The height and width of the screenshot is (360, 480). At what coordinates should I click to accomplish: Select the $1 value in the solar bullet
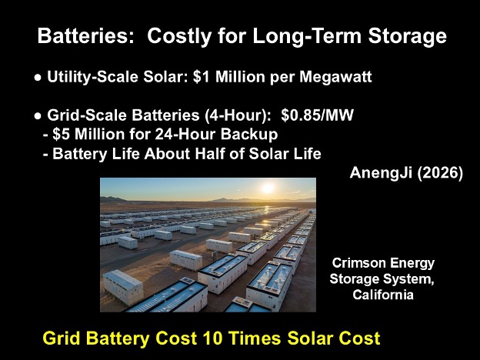coord(202,76)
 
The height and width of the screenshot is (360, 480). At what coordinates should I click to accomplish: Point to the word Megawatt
coord(336,77)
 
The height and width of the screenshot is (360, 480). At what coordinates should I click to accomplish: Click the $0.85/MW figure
coord(317,115)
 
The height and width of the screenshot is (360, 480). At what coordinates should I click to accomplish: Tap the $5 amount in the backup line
coord(62,134)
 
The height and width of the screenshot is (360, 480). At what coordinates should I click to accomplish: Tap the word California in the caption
coord(383,295)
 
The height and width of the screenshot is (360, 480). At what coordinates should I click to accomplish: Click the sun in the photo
coord(268,188)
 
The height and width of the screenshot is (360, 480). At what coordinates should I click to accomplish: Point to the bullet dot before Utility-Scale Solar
coord(38,78)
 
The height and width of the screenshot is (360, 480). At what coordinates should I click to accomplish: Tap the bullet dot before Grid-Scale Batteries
coord(38,116)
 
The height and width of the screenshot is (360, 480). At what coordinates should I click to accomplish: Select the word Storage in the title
coord(408,37)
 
